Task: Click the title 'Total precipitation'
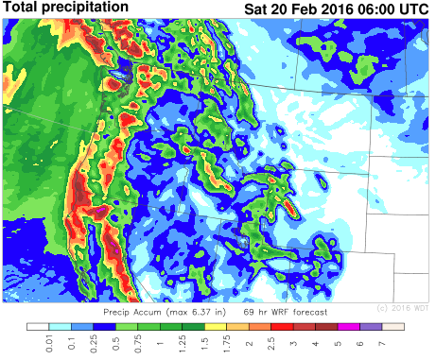tap(66, 8)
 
